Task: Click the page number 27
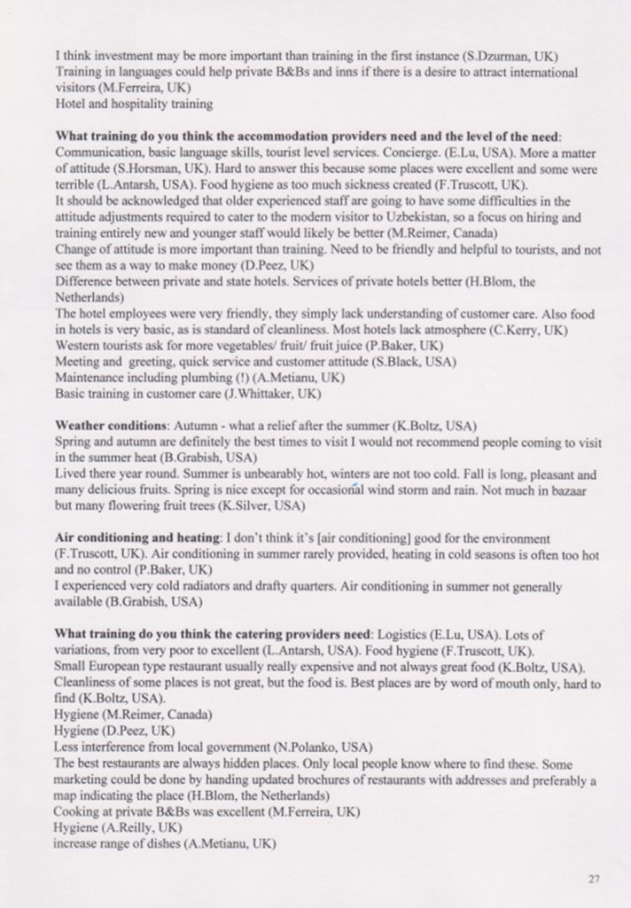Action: (x=593, y=879)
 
